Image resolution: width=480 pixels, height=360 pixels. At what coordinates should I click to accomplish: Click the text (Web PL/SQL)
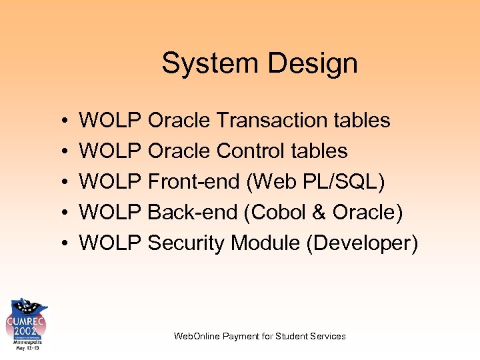point(315,182)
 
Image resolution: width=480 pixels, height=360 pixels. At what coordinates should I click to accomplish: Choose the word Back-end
point(193,213)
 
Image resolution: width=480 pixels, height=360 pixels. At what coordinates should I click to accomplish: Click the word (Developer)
point(362,243)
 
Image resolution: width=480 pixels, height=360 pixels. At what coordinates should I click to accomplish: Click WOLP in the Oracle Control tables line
point(110,151)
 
